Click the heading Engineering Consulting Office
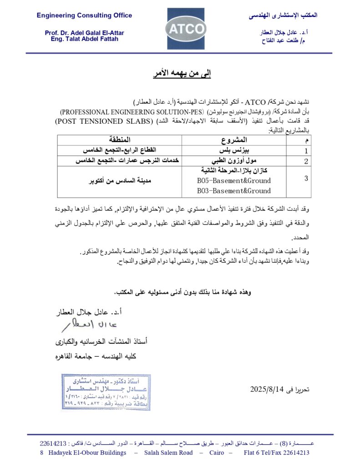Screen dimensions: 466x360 coord(84,15)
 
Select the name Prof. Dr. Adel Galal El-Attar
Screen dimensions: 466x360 coord(84,33)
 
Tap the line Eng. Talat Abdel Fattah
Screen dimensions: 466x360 coord(84,39)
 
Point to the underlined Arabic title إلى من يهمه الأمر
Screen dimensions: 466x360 coord(181,73)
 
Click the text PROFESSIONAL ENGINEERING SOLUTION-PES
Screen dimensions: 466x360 coord(133,111)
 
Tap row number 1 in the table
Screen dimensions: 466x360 coord(306,151)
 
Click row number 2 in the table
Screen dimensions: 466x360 coord(306,161)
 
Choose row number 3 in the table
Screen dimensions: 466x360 coord(306,178)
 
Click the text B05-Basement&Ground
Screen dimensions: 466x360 coord(233,181)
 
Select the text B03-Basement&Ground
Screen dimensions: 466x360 coord(233,191)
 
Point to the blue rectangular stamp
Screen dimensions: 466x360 coord(106,392)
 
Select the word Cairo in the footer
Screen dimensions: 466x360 coord(217,452)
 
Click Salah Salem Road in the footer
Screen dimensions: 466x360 coord(168,452)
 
